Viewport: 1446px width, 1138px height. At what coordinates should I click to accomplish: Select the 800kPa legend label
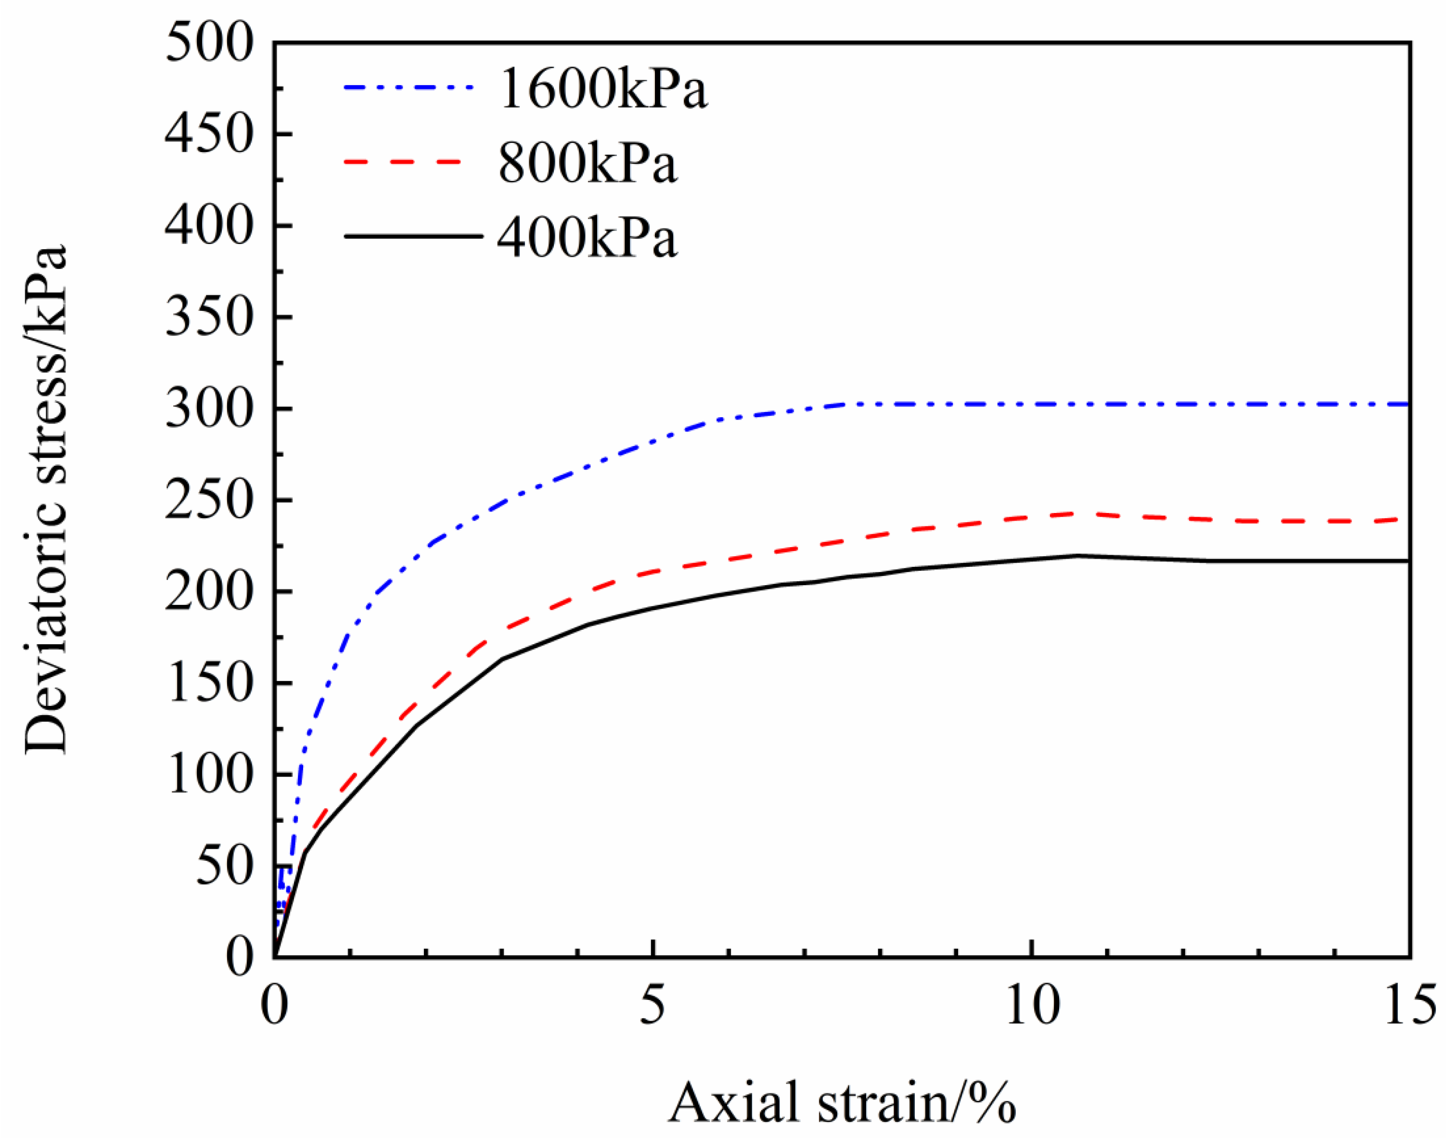coord(588,163)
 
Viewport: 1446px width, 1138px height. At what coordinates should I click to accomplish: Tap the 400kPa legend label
coord(588,238)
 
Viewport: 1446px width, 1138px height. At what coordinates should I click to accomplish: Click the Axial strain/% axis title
coord(842,1103)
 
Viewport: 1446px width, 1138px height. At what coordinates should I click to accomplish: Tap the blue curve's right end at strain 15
coord(1406,404)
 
